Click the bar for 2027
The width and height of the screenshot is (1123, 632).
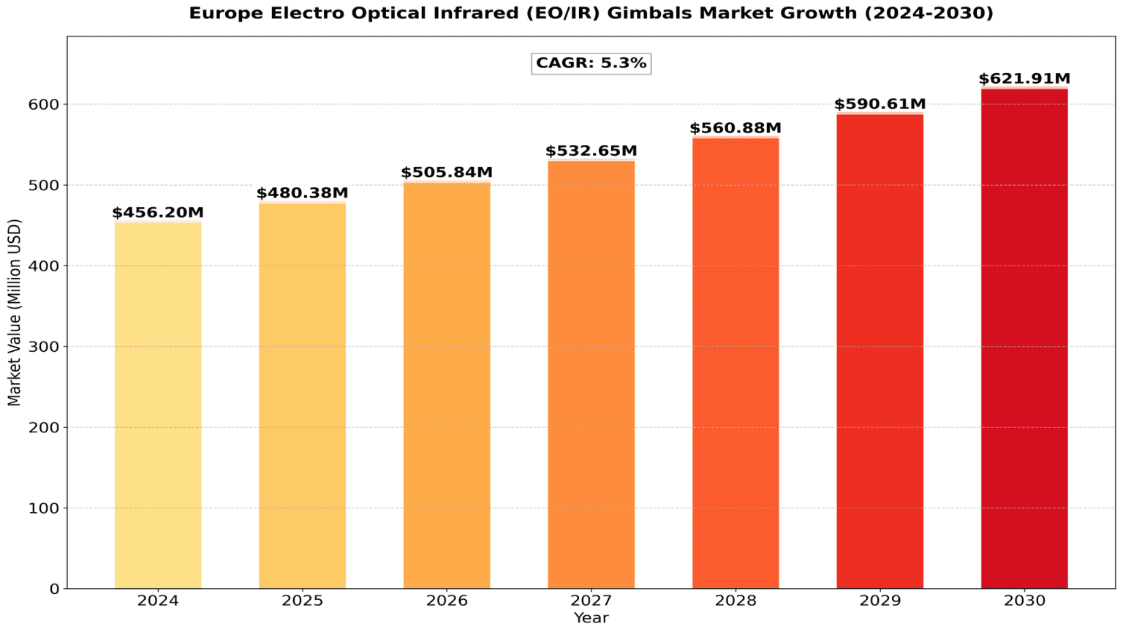tap(591, 374)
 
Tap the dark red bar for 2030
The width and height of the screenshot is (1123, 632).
tap(1024, 338)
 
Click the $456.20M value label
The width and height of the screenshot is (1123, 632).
tap(158, 213)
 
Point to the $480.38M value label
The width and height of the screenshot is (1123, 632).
tap(302, 193)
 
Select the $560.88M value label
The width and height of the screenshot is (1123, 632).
tap(736, 129)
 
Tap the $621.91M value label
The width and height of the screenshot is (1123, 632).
tap(1024, 79)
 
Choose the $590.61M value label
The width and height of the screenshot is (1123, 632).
tap(880, 104)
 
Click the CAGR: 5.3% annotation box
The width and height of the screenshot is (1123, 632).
tap(591, 64)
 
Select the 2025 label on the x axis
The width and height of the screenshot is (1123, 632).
tap(302, 601)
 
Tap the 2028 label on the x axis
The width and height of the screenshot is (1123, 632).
tap(736, 601)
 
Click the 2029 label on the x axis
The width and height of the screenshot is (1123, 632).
tap(880, 601)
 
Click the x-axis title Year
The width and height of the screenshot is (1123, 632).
tap(591, 619)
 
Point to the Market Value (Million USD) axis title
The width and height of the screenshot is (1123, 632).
tap(15, 312)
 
